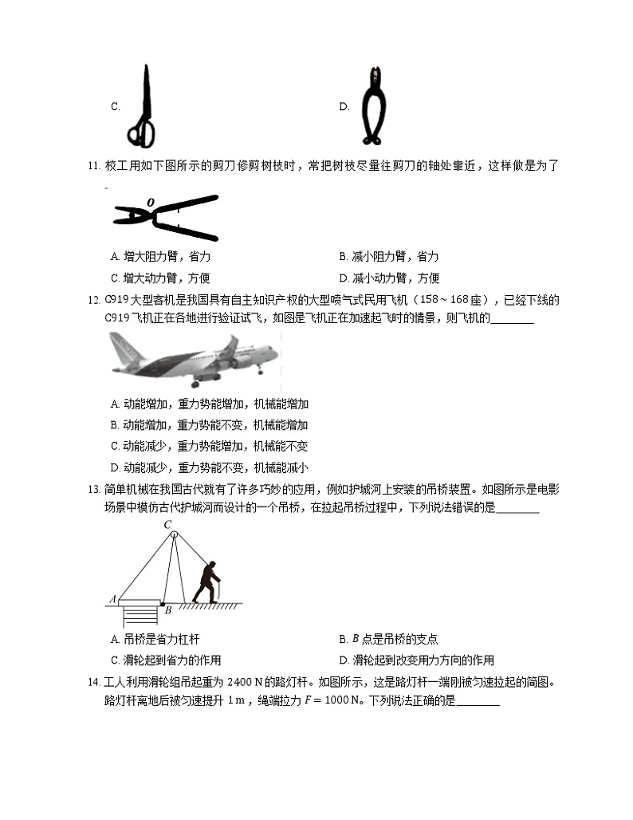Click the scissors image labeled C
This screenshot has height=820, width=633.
pos(144,107)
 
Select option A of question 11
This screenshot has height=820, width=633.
pos(160,257)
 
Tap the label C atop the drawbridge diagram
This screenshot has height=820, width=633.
pos(168,525)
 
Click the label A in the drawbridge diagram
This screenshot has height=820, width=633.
pos(112,598)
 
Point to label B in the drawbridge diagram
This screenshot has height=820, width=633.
pos(168,610)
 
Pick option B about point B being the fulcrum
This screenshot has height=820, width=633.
pos(388,639)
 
